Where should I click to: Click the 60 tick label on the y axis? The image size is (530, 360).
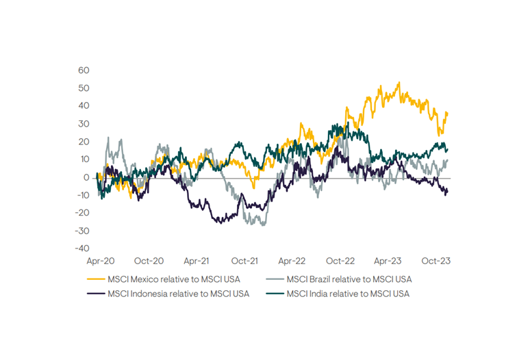[x=84, y=70]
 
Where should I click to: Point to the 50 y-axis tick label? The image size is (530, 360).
[x=84, y=88]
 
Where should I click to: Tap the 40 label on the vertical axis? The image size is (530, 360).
[x=84, y=105]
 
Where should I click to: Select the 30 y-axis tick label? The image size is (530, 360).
[x=84, y=123]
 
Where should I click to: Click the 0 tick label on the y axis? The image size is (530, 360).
[x=86, y=177]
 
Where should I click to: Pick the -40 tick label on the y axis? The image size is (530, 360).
[x=82, y=248]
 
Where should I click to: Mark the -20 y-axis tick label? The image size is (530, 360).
[x=82, y=213]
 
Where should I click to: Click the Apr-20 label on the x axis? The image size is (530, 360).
[x=101, y=261]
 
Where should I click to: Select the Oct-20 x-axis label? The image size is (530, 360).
[x=149, y=261]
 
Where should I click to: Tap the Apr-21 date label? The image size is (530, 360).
[x=197, y=261]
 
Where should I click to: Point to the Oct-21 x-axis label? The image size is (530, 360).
[x=244, y=261]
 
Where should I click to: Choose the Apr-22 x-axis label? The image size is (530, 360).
[x=292, y=261]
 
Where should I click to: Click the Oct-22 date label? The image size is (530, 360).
[x=340, y=261]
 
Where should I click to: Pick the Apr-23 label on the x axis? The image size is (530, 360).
[x=388, y=261]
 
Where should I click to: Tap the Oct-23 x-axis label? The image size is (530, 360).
[x=435, y=261]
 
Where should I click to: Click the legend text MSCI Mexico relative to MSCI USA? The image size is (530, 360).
[x=174, y=279]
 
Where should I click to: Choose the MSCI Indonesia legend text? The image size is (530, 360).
[x=178, y=294]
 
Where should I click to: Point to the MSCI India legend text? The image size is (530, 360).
[x=348, y=294]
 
